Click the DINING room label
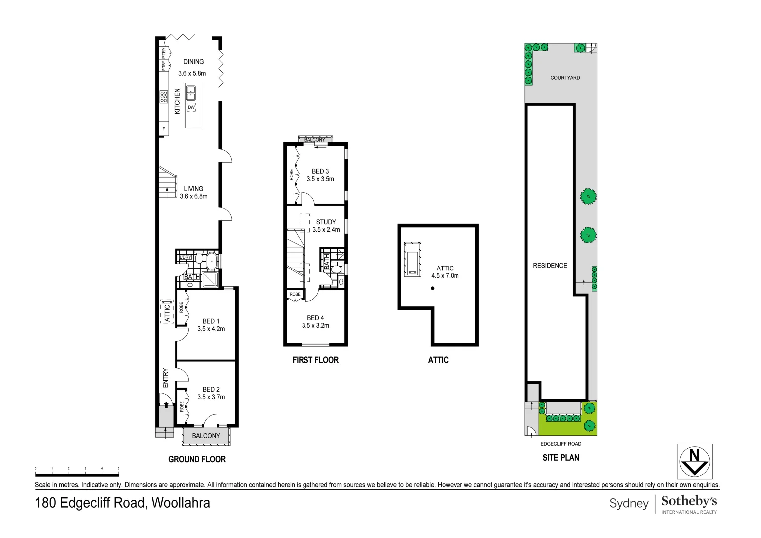193,62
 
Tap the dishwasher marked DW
191,107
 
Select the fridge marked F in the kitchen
163,129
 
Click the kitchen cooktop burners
164,97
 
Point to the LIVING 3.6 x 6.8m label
193,192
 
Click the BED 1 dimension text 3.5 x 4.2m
211,329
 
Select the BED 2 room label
211,389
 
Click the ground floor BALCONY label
206,436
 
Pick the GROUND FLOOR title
197,459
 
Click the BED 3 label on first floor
320,171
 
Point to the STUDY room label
326,222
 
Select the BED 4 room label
315,318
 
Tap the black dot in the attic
433,288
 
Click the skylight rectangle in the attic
413,259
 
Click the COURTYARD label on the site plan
565,78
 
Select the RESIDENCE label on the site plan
550,266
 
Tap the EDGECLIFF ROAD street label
561,444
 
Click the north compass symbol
694,461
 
